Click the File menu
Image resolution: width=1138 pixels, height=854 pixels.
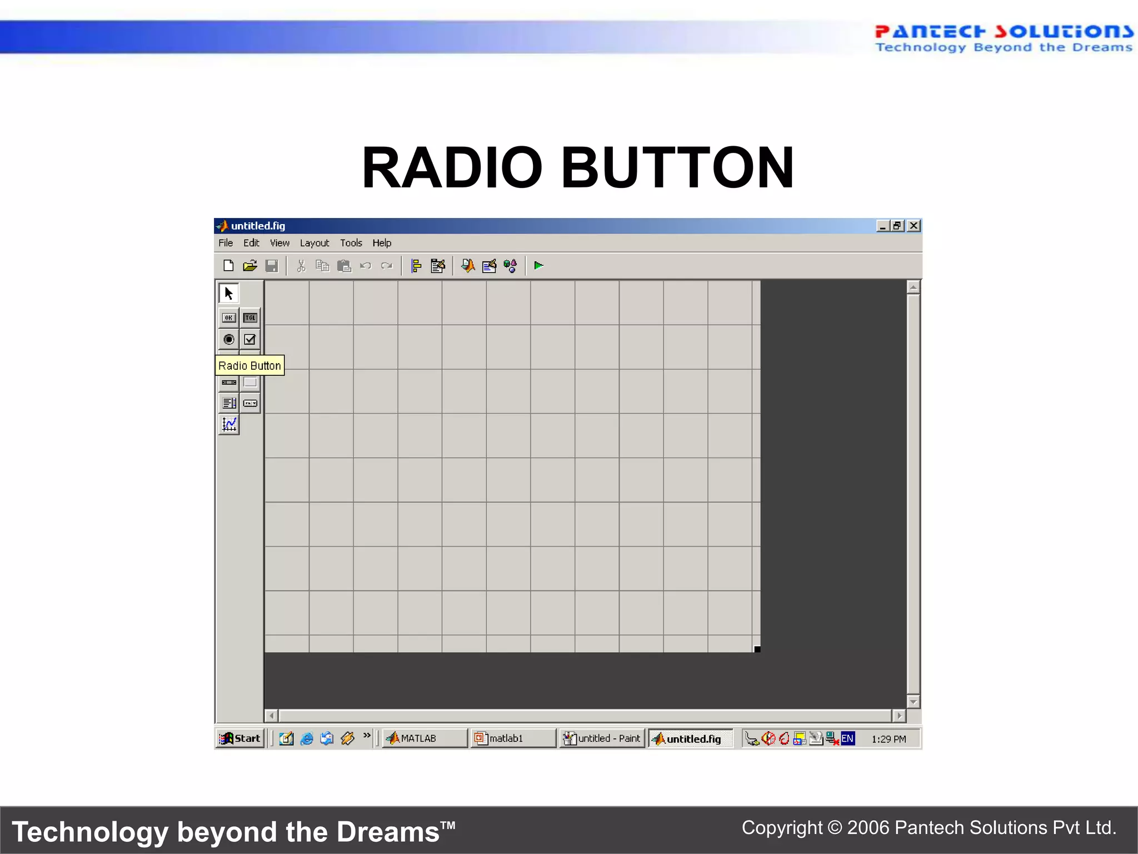(x=226, y=243)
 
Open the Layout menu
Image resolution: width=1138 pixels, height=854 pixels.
(x=314, y=243)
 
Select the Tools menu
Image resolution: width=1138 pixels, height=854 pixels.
(x=351, y=243)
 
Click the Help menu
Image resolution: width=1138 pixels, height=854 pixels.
(x=382, y=243)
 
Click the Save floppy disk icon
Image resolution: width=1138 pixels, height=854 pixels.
(x=272, y=266)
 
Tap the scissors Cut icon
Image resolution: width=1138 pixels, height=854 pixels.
(x=301, y=266)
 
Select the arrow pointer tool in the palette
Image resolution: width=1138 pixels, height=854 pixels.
(x=228, y=293)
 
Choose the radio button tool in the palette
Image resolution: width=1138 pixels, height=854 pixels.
(x=228, y=339)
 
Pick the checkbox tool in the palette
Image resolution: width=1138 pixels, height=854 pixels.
(x=250, y=339)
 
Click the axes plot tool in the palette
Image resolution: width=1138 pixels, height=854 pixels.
(x=229, y=425)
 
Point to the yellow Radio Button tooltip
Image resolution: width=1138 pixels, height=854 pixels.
(x=249, y=365)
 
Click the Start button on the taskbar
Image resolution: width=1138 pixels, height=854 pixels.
(x=240, y=738)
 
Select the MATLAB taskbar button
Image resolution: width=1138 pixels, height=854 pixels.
(x=424, y=738)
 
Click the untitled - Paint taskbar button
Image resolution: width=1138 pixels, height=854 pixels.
(x=602, y=738)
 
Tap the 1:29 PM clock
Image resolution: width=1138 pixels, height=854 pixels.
(x=888, y=739)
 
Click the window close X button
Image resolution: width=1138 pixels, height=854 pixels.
(x=914, y=226)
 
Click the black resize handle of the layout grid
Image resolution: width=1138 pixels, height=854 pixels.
(x=757, y=649)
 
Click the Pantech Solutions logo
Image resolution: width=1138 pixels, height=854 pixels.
(x=1003, y=38)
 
